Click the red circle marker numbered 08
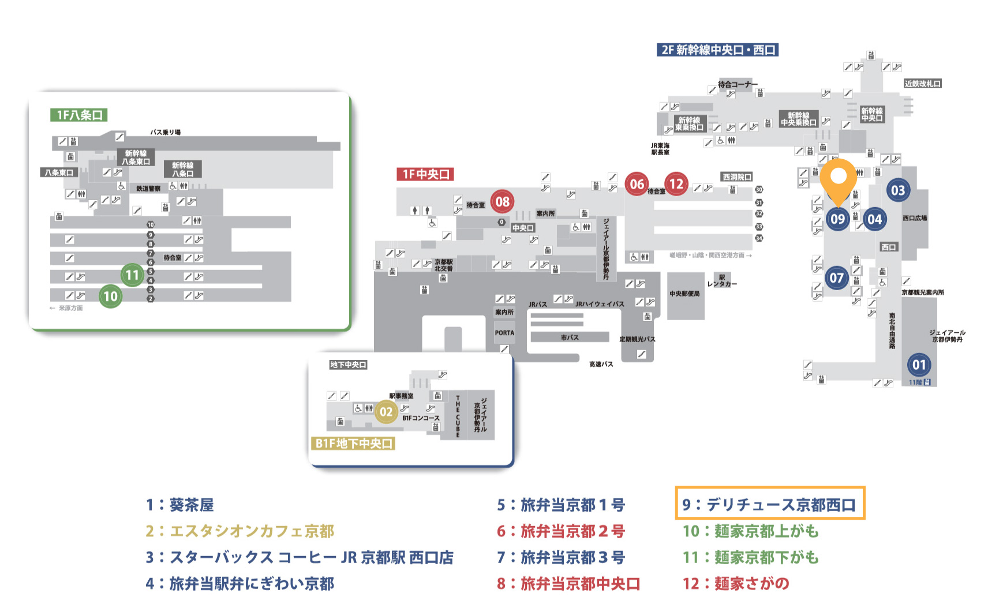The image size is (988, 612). coord(502,202)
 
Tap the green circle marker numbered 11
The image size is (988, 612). coord(133,275)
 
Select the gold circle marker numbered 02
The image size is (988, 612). coord(386,412)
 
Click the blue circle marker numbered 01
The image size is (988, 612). coord(919,365)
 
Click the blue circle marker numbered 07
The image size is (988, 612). coord(837,278)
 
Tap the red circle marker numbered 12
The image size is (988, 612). coord(676,184)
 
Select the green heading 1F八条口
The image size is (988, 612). coord(79,115)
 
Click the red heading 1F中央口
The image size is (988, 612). coord(425,174)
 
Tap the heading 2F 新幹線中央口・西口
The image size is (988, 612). coord(717,50)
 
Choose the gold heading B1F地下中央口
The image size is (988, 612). coord(353,443)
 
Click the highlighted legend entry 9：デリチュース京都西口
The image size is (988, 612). coord(769,504)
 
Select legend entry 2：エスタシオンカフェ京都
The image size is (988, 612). coord(240,531)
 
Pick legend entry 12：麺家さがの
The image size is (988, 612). coord(736,583)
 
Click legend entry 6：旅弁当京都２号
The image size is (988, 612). coord(561,531)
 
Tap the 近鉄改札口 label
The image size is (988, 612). coord(922,84)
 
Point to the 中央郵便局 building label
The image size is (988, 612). coord(684,294)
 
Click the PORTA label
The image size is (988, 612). coord(504,333)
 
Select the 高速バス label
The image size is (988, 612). coord(601,364)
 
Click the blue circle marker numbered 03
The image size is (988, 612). coord(898,190)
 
